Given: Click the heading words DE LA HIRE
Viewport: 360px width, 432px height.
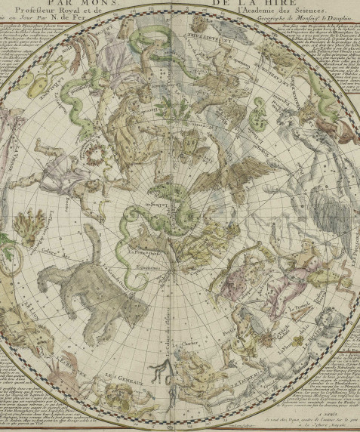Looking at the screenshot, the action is pyautogui.click(x=232, y=4).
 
